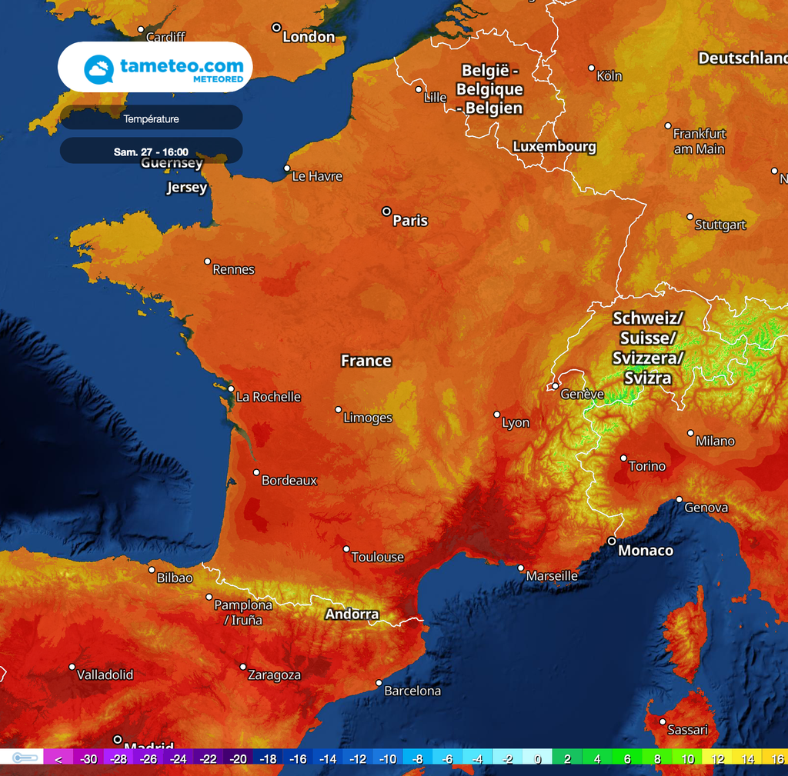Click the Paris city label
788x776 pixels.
coord(409,221)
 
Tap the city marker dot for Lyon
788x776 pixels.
coord(497,415)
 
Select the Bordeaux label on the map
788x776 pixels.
coord(289,481)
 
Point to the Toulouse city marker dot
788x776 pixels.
coord(346,548)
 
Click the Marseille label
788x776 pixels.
coord(552,576)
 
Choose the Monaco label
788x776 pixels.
coord(646,551)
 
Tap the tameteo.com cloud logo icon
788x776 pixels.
coord(99,69)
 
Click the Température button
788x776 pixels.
coord(151,118)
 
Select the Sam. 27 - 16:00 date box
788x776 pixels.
coord(151,152)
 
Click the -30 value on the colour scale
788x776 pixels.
coord(89,759)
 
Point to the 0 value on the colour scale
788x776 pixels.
coord(537,759)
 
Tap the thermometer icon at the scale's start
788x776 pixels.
coord(25,758)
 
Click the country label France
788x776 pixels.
coord(366,361)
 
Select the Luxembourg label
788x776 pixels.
coord(554,146)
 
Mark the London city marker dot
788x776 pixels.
coord(276,28)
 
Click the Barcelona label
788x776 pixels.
coord(412,691)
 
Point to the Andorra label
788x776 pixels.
coord(352,614)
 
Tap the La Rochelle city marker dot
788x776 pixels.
coord(229,389)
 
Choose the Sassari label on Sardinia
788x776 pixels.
coord(687,729)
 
